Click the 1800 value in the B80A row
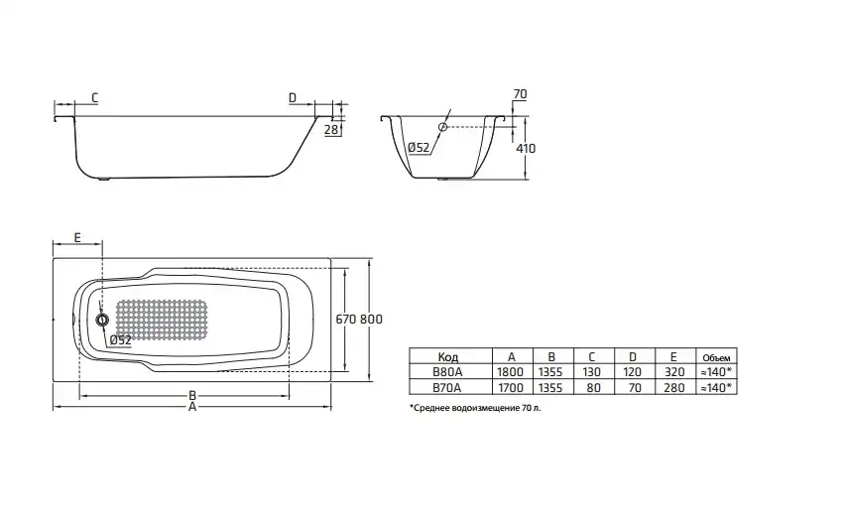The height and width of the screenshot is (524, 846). coord(511,372)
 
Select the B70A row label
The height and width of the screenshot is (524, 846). coord(447,388)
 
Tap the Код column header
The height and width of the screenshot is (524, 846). coord(447,356)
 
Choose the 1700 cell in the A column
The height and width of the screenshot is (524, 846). coord(511,388)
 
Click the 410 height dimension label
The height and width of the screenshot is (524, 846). coord(526,148)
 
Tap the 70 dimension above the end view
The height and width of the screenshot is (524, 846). coord(520,94)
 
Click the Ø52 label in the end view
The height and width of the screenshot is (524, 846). coord(419,148)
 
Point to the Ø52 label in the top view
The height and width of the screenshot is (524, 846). coord(120,339)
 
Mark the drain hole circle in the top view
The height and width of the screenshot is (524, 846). coord(101,320)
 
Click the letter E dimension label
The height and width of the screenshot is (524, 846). coord(76,238)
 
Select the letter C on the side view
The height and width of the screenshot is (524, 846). coord(93,97)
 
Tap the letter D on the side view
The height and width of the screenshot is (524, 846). coord(292,97)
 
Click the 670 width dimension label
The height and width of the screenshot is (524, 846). coord(346,319)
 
